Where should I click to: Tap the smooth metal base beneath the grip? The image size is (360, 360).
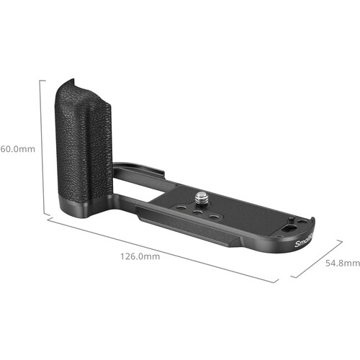(x=86, y=211)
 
